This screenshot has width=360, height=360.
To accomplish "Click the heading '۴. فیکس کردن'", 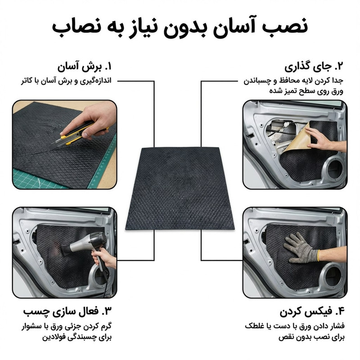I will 310,312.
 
